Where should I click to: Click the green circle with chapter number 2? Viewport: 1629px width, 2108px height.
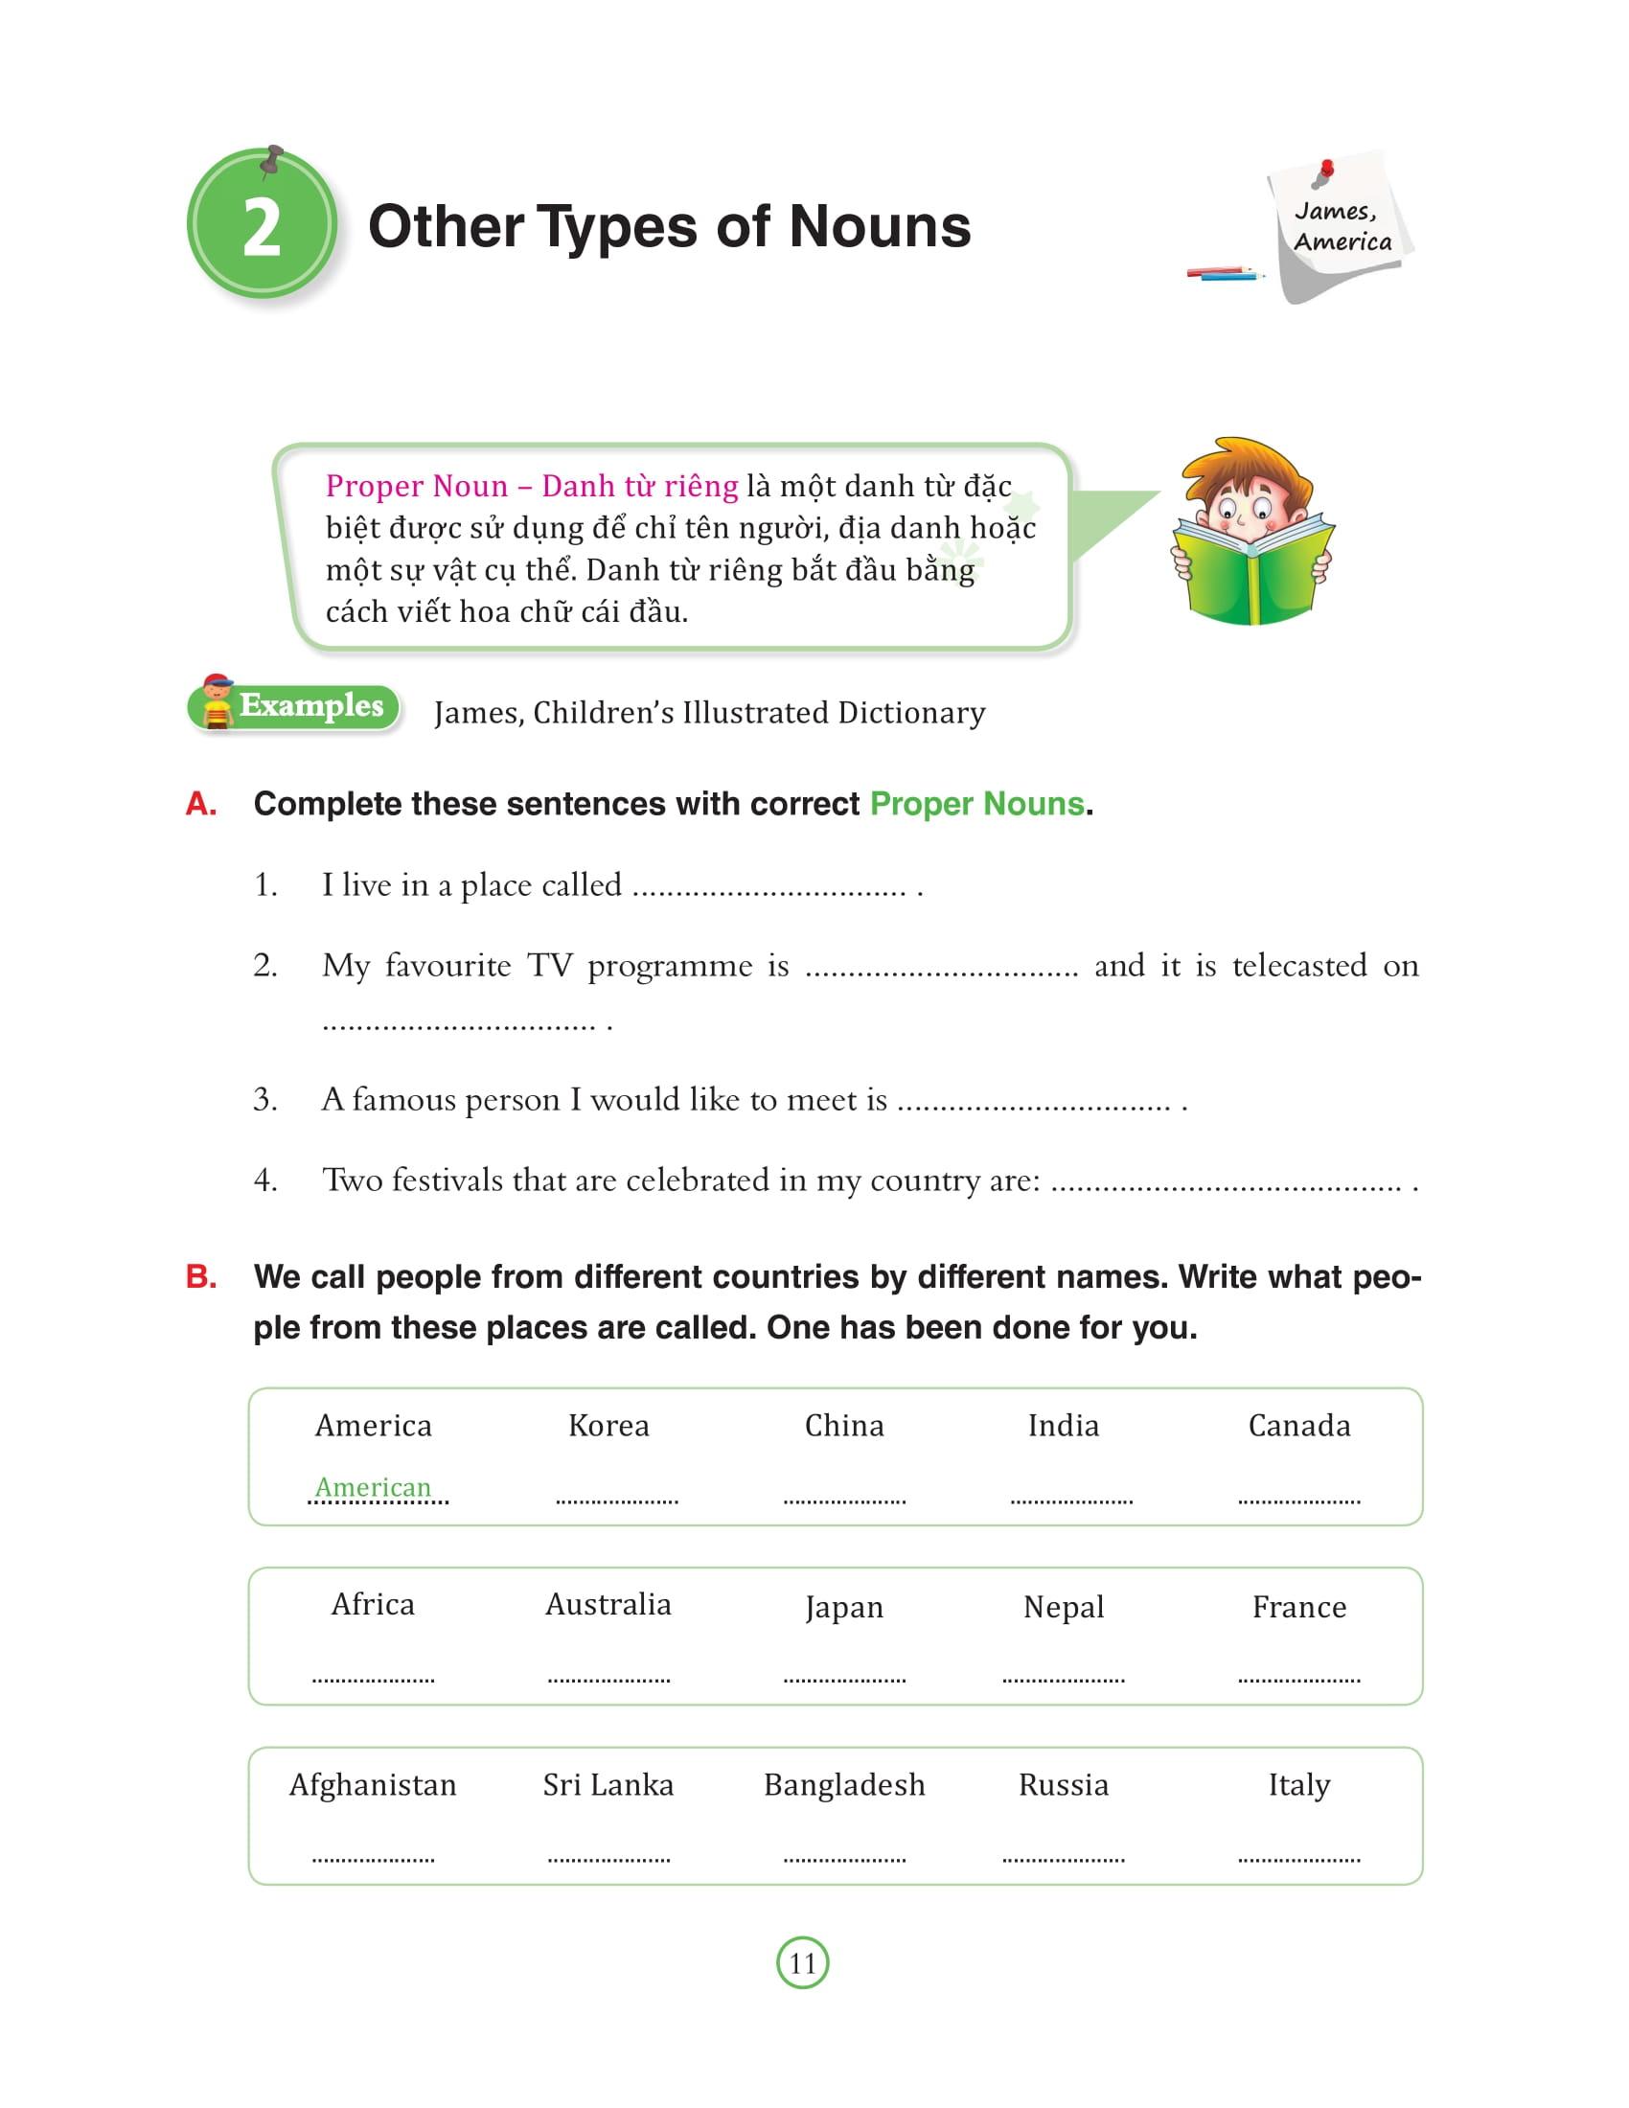262,225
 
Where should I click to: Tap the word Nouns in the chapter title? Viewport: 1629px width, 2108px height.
879,227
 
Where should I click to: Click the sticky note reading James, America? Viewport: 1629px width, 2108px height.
1342,226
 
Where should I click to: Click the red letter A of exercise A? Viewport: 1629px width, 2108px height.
200,804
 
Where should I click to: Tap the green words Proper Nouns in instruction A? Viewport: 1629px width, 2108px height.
976,804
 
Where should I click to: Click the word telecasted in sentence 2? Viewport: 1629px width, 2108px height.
1299,965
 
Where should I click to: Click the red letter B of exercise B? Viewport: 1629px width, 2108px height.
200,1277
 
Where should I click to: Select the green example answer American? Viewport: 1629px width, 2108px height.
374,1486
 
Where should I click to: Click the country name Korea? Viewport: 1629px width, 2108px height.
608,1426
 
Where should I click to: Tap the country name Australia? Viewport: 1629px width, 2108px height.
608,1604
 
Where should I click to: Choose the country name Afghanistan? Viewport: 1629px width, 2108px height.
373,1785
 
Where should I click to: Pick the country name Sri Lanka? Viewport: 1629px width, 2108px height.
608,1785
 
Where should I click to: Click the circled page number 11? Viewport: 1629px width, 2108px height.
802,1962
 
